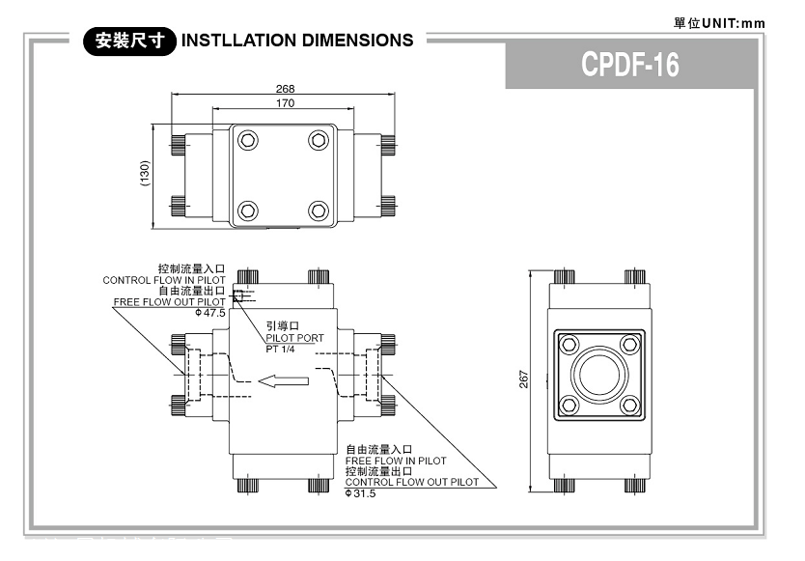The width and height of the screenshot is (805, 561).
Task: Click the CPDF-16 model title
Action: pyautogui.click(x=630, y=65)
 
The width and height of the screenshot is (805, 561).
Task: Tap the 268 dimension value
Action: pyautogui.click(x=285, y=89)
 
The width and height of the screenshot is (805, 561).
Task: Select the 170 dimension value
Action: pyautogui.click(x=285, y=102)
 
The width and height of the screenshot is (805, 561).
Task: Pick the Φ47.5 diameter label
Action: pyautogui.click(x=210, y=313)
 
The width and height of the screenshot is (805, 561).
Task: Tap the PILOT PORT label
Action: pyautogui.click(x=294, y=338)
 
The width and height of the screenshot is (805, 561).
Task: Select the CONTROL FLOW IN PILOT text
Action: pyautogui.click(x=164, y=280)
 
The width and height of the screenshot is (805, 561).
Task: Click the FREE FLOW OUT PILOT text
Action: pyautogui.click(x=169, y=302)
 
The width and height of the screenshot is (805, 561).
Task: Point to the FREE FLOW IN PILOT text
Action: pyautogui.click(x=396, y=461)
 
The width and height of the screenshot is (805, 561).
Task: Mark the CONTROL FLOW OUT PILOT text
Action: pyautogui.click(x=411, y=482)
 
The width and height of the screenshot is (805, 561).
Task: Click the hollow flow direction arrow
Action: pyautogui.click(x=286, y=380)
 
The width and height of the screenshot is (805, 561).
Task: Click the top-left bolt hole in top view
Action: pyautogui.click(x=249, y=141)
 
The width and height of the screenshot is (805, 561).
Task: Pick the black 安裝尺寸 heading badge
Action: pyautogui.click(x=129, y=41)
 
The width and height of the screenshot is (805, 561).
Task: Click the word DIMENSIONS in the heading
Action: pyautogui.click(x=351, y=41)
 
